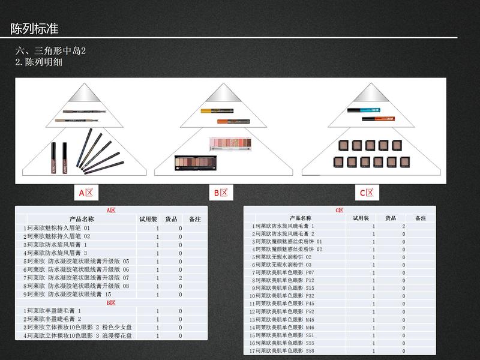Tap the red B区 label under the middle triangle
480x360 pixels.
tap(220, 193)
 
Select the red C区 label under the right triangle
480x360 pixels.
tap(366, 193)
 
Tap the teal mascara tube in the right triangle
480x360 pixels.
tap(362, 109)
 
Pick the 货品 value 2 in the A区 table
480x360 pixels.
tap(180, 278)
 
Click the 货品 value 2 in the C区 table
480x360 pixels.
tap(403, 226)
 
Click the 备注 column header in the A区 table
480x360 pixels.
tap(194, 220)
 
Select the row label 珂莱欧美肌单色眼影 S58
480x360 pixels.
tap(285, 350)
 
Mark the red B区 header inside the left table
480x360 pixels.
tap(111, 303)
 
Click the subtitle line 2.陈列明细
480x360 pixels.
tap(39, 62)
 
